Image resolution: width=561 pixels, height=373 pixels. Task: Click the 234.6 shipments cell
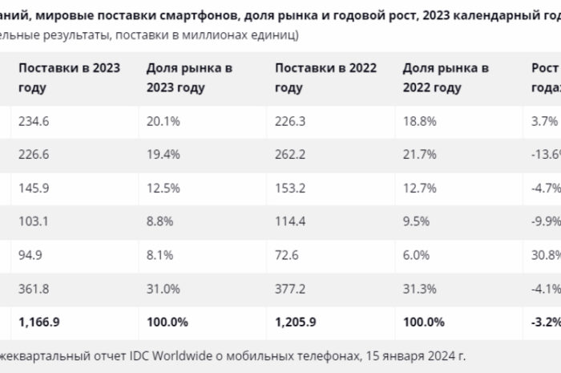click(34, 122)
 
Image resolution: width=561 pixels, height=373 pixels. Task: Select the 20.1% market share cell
click(163, 122)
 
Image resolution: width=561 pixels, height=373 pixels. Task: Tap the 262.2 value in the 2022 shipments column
click(290, 155)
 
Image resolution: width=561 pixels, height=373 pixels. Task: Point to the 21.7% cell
click(419, 155)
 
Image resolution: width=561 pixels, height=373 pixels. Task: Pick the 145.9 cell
click(34, 189)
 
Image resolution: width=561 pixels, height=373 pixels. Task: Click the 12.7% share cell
click(419, 189)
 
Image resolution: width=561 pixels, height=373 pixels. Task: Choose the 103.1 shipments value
click(34, 221)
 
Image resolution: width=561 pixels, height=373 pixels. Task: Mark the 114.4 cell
click(290, 221)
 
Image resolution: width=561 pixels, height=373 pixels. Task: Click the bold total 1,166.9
click(39, 321)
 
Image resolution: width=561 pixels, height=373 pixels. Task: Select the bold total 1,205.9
click(296, 321)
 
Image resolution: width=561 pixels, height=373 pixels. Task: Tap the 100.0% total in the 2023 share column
click(167, 321)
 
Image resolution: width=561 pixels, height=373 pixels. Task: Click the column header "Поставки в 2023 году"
click(69, 77)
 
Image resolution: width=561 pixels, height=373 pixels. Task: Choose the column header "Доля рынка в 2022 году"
click(446, 77)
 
